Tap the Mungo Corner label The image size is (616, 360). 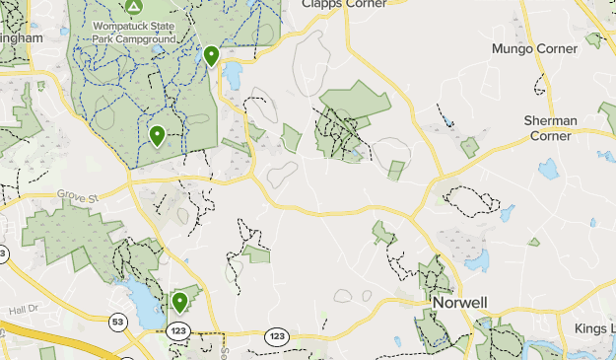(534, 48)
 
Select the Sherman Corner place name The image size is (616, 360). (550, 127)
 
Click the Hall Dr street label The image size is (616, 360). (21, 310)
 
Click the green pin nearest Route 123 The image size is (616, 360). (179, 301)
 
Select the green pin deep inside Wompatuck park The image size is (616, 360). (157, 135)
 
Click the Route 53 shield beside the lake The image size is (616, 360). (118, 322)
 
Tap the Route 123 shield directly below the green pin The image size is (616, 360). (178, 329)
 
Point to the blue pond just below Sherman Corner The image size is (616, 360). (548, 168)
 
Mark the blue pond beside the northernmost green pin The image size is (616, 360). (233, 75)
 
